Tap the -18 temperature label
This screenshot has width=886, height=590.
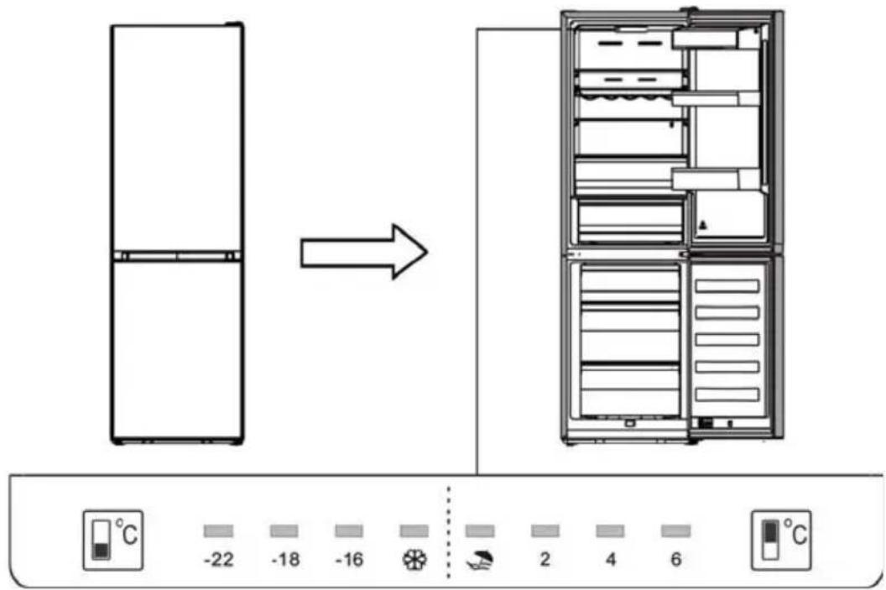pyautogui.click(x=285, y=561)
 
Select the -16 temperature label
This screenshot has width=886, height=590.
pyautogui.click(x=348, y=561)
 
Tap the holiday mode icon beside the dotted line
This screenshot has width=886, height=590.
pyautogui.click(x=479, y=560)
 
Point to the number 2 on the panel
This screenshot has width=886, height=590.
pyautogui.click(x=545, y=560)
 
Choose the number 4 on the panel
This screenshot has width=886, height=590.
pyautogui.click(x=610, y=560)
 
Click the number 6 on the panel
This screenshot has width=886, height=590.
pyautogui.click(x=675, y=560)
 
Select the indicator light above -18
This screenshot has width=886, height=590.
pyautogui.click(x=284, y=531)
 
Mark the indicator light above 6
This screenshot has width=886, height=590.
pyautogui.click(x=675, y=531)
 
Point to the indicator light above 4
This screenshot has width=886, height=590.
pyautogui.click(x=610, y=531)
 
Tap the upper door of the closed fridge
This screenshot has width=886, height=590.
pyautogui.click(x=177, y=138)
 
